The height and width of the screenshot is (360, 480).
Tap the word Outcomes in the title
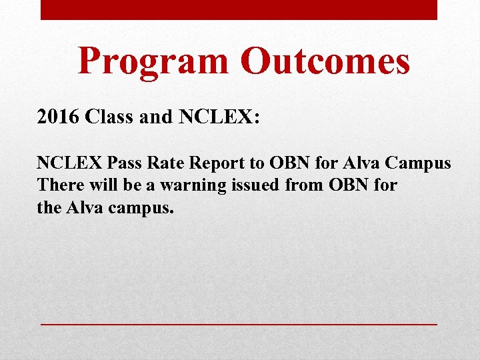coord(325,61)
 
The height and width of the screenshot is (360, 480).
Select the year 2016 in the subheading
coord(57,118)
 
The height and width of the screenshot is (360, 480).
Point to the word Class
coord(109,118)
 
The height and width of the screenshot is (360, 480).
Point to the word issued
coord(255,185)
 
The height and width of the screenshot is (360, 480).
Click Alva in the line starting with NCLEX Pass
coord(361,163)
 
